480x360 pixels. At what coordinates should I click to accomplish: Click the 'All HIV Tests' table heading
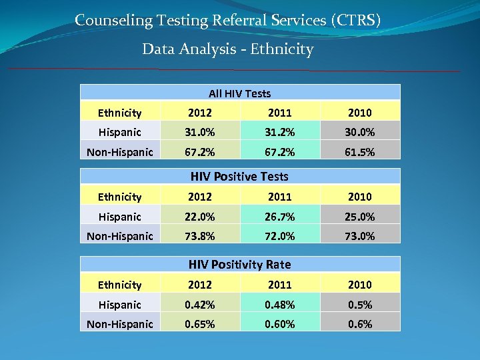[x=239, y=93]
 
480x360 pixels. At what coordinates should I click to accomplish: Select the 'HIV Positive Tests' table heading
[x=239, y=177]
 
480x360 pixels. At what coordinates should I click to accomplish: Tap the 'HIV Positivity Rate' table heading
[x=240, y=265]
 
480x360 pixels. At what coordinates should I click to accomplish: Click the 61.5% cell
[x=359, y=152]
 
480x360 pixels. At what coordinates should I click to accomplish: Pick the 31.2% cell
[x=279, y=132]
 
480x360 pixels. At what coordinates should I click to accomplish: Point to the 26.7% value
[x=279, y=217]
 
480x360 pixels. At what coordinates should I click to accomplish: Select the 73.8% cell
[x=199, y=236]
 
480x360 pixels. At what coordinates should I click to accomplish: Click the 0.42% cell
[x=199, y=305]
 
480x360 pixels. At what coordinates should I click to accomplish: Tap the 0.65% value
[x=199, y=324]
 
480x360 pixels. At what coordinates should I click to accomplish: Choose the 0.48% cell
[x=279, y=305]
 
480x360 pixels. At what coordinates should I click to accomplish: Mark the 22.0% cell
[x=199, y=217]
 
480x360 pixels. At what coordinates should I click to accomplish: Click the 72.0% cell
[x=279, y=236]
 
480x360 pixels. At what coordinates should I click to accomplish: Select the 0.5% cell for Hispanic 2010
[x=359, y=305]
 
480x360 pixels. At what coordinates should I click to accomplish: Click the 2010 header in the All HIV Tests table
[x=359, y=113]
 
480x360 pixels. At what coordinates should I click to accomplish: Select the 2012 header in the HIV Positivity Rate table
[x=199, y=285]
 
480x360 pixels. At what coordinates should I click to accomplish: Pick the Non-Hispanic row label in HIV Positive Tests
[x=119, y=236]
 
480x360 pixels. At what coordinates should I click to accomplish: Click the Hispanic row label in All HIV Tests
[x=119, y=132]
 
